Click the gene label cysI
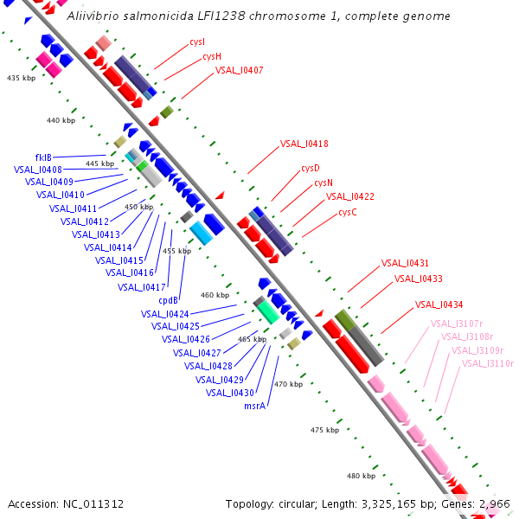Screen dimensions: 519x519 point(197,42)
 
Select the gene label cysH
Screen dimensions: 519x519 point(212,56)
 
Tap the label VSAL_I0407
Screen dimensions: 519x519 point(240,70)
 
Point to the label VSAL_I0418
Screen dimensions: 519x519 point(304,144)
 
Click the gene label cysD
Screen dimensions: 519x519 point(311,168)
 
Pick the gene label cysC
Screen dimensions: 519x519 point(348,212)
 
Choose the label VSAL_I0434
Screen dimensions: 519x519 point(439,304)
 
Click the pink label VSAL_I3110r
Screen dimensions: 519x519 point(488,363)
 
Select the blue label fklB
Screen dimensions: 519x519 point(43,157)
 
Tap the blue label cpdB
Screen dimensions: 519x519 point(168,300)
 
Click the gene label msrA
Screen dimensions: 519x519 point(254,405)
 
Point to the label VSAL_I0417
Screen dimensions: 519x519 point(141,287)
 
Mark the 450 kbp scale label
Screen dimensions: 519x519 point(139,208)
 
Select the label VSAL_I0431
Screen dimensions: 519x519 point(406,263)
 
